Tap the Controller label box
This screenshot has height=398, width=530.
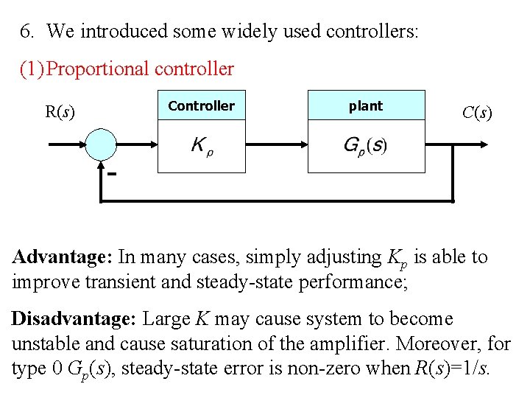pyautogui.click(x=201, y=106)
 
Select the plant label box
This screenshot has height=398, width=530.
pyautogui.click(x=366, y=106)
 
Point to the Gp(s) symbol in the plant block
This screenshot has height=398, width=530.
pyautogui.click(x=365, y=145)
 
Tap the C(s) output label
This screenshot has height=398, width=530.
pyautogui.click(x=477, y=113)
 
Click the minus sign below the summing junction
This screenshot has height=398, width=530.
pyautogui.click(x=113, y=175)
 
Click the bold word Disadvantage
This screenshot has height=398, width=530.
pyautogui.click(x=73, y=319)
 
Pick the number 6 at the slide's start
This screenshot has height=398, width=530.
pyautogui.click(x=26, y=32)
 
